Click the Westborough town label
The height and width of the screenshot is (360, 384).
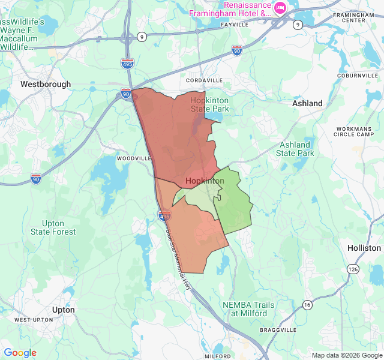click(x=46, y=85)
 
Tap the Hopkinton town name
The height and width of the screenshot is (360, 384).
click(x=205, y=181)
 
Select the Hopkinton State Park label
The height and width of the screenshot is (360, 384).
click(x=209, y=105)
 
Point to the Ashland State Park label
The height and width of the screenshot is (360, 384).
click(x=295, y=149)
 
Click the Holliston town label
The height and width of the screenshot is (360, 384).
click(x=364, y=248)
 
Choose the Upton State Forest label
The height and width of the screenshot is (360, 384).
click(x=54, y=227)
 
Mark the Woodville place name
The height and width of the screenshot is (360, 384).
click(x=134, y=158)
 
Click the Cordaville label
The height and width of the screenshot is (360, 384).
click(x=204, y=80)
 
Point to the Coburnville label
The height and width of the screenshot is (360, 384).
click(x=358, y=76)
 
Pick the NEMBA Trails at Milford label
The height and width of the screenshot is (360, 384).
click(x=248, y=309)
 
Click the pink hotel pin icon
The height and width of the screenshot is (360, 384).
click(x=280, y=7)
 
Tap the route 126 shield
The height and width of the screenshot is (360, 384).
click(x=353, y=269)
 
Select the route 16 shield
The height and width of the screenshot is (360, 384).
click(x=307, y=304)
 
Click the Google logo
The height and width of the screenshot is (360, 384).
click(x=20, y=353)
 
